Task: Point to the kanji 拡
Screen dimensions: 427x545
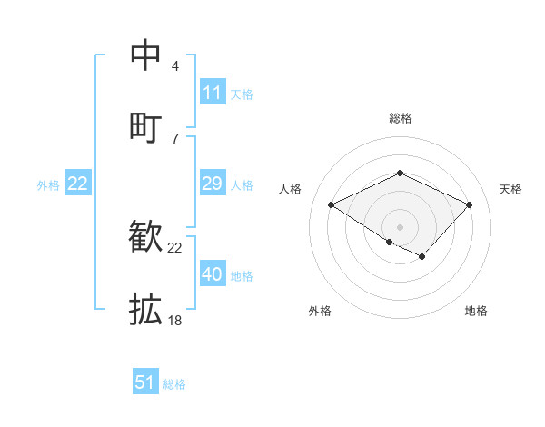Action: (x=146, y=309)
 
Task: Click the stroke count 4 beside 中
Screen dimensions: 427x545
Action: (x=174, y=66)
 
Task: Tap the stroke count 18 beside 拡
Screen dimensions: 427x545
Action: (x=175, y=320)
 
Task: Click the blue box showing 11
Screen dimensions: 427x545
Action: (x=213, y=93)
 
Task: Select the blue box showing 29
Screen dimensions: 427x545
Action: (x=213, y=184)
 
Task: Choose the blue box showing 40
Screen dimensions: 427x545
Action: (x=213, y=274)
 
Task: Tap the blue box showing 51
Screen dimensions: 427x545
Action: (x=145, y=382)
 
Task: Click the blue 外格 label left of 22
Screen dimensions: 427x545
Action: (x=48, y=185)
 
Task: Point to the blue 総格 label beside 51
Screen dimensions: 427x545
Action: (x=174, y=384)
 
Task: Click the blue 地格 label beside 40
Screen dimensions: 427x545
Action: (x=242, y=276)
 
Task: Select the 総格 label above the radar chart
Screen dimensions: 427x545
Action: (x=400, y=118)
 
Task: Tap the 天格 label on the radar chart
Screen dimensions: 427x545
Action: (x=510, y=189)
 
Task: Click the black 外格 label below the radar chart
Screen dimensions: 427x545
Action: (x=320, y=311)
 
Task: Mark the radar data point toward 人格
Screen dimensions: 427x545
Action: (x=332, y=205)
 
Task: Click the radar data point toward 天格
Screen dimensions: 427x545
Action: (x=469, y=205)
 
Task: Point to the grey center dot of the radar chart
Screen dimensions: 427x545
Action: (x=400, y=226)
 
